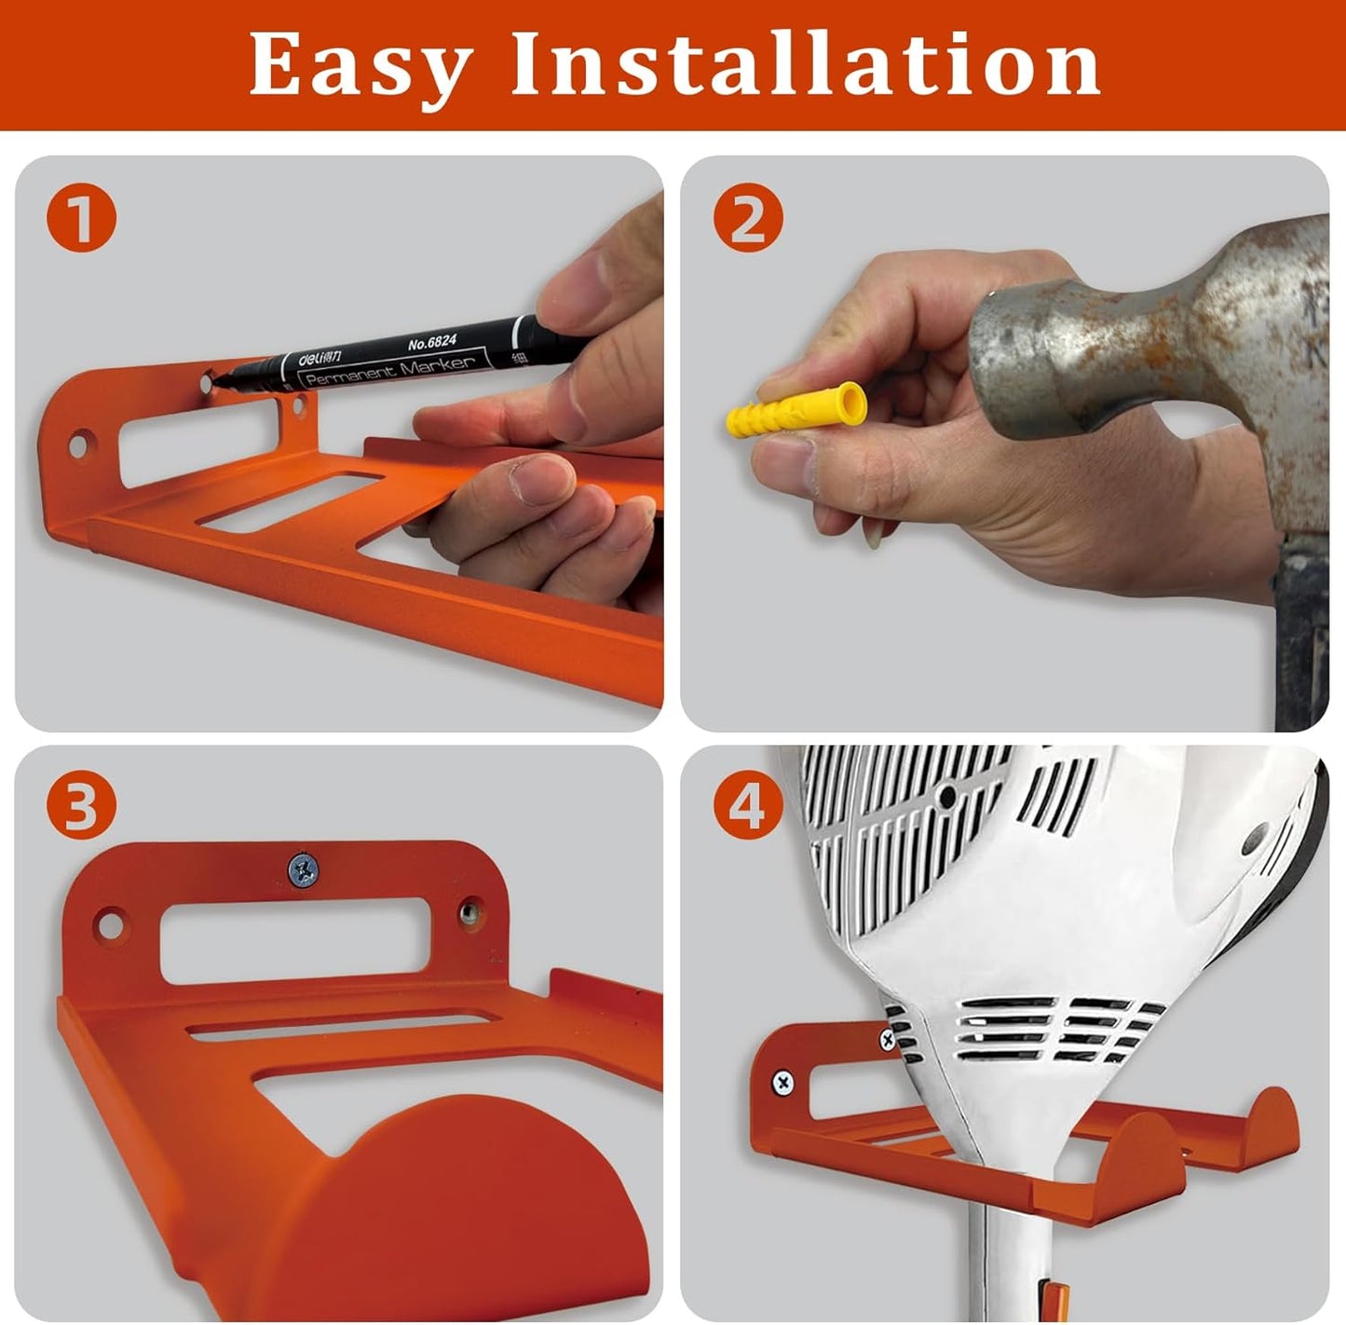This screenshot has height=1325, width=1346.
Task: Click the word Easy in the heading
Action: pos(360,65)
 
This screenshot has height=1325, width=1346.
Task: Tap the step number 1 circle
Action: pos(82,219)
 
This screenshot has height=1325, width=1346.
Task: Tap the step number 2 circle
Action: pos(748,219)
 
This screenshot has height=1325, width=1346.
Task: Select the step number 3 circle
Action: pos(81,805)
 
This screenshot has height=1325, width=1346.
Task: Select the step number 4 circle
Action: pos(748,805)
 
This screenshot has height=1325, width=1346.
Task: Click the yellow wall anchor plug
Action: pos(796,411)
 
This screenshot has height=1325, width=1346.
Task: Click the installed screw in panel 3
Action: pos(303,870)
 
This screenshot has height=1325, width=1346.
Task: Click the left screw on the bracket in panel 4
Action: pos(783,1083)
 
